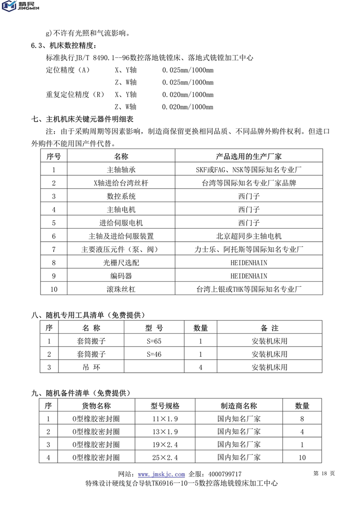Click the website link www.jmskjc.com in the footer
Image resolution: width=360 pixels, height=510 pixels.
click(x=161, y=474)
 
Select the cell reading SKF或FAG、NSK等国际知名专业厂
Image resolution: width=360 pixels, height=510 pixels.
click(x=248, y=170)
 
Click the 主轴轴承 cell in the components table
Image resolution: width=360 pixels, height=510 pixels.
click(x=121, y=170)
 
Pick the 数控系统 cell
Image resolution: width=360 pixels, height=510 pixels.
click(x=121, y=196)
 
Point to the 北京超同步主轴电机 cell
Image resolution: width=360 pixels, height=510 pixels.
click(x=248, y=236)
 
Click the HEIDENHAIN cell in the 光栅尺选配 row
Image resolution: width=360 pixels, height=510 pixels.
click(x=248, y=262)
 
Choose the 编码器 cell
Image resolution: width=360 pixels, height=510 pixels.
click(x=121, y=275)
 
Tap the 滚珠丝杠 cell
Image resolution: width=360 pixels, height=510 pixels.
click(x=121, y=289)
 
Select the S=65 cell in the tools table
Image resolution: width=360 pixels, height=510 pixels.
click(x=154, y=341)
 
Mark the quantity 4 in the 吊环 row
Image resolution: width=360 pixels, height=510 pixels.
click(x=200, y=367)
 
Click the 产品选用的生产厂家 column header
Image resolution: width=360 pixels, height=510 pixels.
click(x=248, y=157)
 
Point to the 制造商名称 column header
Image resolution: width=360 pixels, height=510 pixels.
click(x=239, y=406)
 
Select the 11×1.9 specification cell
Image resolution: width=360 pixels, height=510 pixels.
click(x=164, y=419)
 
